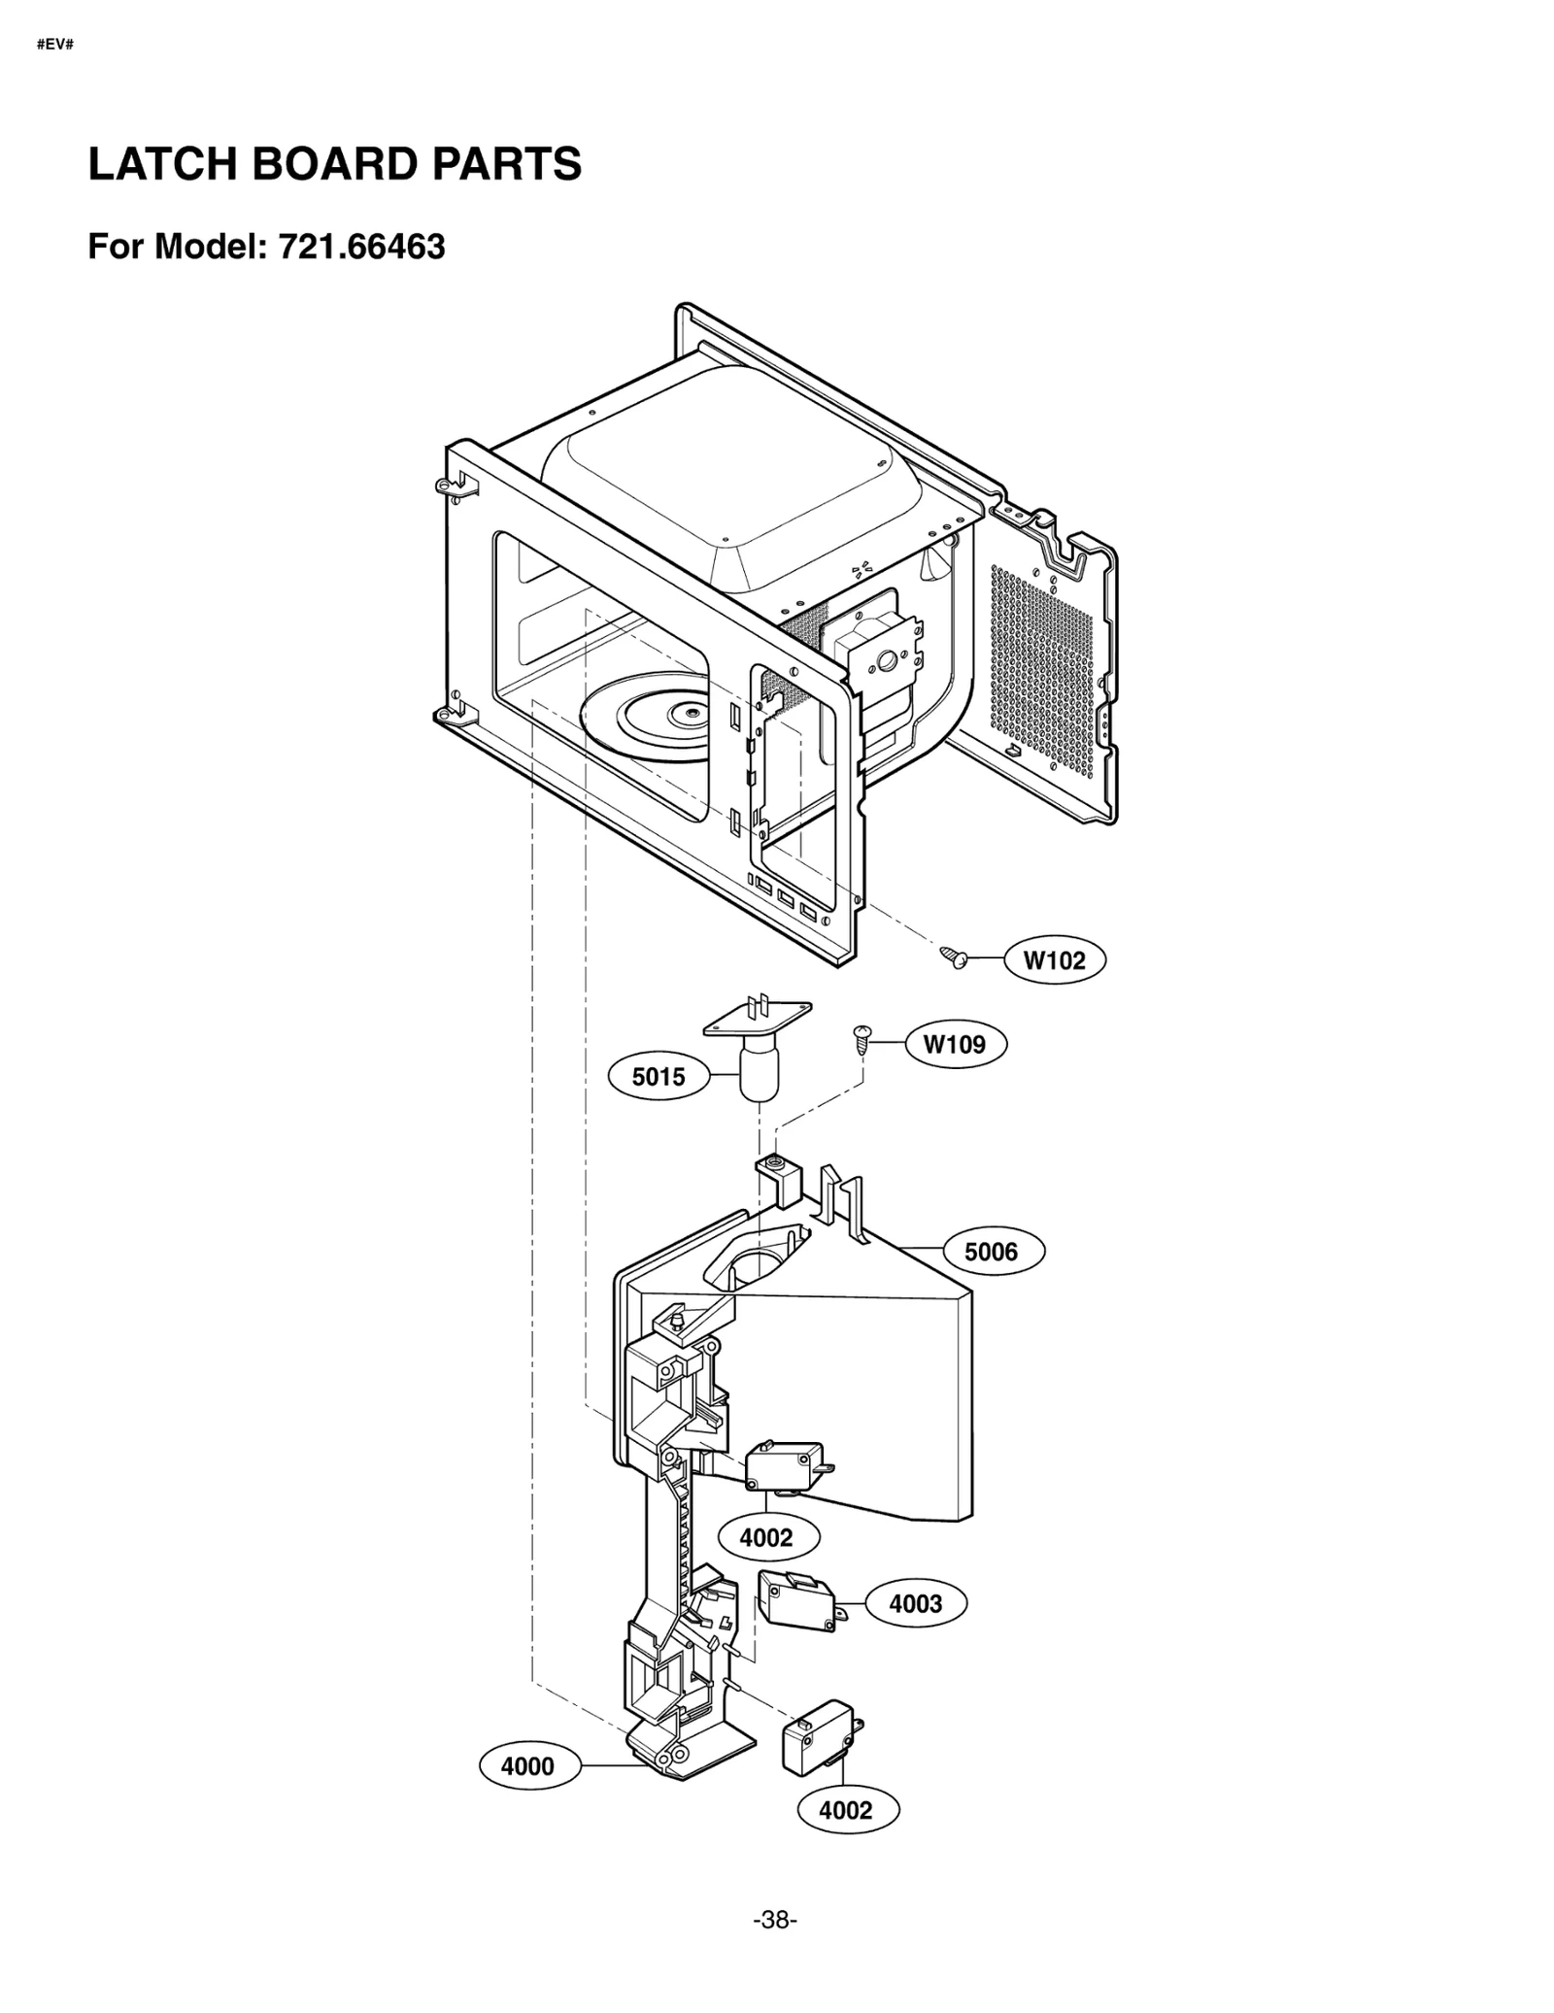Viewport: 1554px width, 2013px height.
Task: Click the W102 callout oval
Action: [1054, 960]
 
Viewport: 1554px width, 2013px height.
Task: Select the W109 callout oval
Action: [955, 1044]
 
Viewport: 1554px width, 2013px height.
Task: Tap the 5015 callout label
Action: [659, 1076]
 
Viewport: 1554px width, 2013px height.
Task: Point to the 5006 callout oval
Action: [991, 1252]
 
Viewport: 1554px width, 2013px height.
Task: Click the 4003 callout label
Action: [915, 1603]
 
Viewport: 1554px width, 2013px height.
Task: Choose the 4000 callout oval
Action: [528, 1766]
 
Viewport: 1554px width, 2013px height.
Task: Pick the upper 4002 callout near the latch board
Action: [767, 1538]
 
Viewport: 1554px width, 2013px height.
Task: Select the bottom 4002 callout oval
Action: [846, 1810]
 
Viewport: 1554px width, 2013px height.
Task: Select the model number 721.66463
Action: [361, 247]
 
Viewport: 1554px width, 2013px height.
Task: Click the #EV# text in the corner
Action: [55, 45]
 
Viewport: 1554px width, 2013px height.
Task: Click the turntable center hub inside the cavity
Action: [691, 715]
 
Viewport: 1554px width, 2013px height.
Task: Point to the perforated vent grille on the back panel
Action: [1041, 670]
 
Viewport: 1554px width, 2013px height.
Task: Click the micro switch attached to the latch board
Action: [783, 1465]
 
